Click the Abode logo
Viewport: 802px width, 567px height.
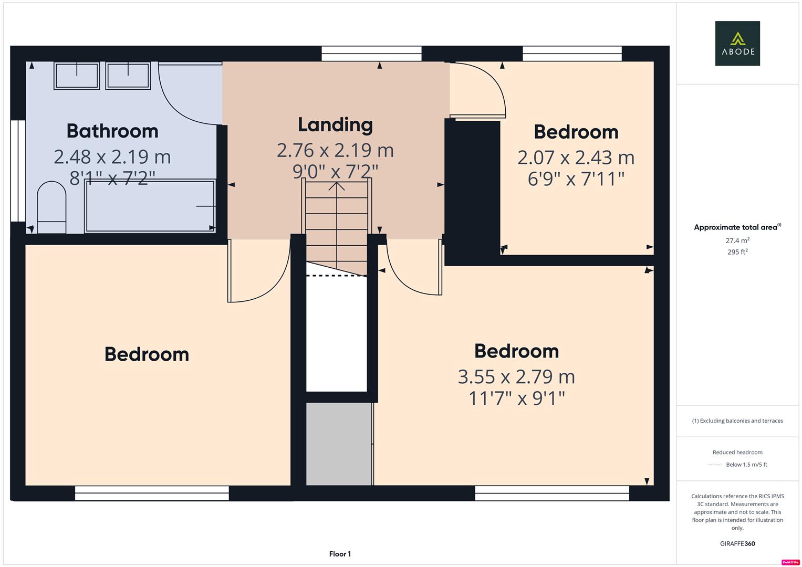[x=737, y=43]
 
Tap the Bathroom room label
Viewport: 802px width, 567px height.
[x=112, y=131]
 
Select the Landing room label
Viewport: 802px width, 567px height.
[x=335, y=124]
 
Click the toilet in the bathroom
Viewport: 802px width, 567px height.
[x=51, y=208]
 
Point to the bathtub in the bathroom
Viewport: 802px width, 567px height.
[x=150, y=206]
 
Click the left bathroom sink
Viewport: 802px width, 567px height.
[x=77, y=76]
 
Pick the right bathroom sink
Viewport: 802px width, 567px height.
[x=128, y=75]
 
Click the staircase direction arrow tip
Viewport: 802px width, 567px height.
[x=337, y=183]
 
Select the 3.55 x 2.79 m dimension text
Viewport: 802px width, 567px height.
[x=516, y=376]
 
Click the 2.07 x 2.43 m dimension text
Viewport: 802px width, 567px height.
[x=576, y=157]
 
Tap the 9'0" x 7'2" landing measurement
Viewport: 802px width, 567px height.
[x=335, y=171]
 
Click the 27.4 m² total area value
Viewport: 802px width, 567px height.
[x=737, y=240]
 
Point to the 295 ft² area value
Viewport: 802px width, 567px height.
[x=737, y=252]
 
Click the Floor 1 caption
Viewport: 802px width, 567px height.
[x=340, y=554]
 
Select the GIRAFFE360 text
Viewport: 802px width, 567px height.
[x=737, y=543]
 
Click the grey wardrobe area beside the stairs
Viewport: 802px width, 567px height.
[x=339, y=444]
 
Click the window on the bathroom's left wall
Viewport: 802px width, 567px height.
[x=18, y=171]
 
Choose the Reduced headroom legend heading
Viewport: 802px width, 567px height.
[x=737, y=452]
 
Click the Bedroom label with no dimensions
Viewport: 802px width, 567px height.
[x=147, y=354]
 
